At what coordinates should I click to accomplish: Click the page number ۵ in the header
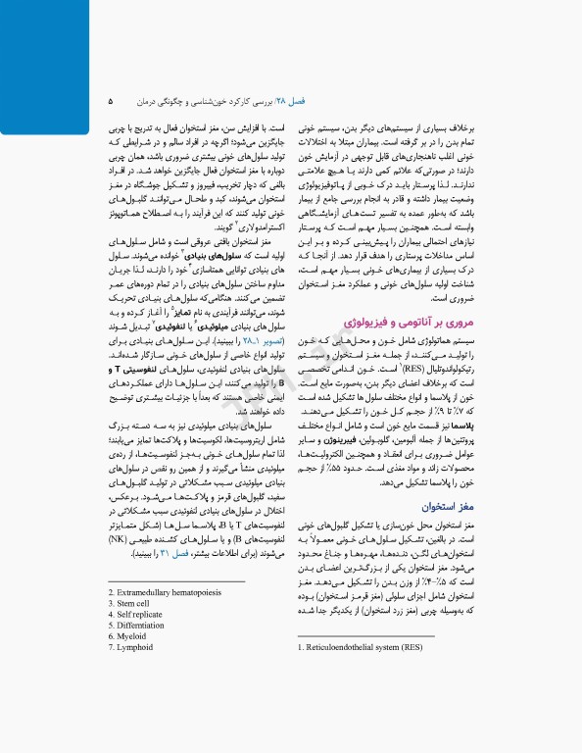[x=111, y=100]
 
